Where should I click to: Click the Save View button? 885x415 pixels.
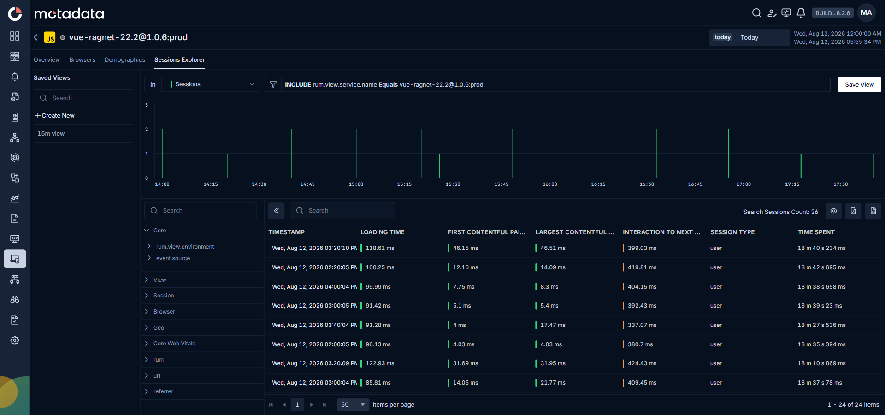[x=859, y=84]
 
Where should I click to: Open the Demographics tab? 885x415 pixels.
[x=125, y=60]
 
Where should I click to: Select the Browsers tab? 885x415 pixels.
[x=82, y=60]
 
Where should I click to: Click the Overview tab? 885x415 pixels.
[x=47, y=60]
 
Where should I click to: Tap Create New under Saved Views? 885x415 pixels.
[x=55, y=116]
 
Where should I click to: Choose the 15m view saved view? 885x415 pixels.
[x=51, y=134]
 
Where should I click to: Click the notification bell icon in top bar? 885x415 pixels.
[x=801, y=13]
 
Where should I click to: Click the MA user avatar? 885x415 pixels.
[x=866, y=13]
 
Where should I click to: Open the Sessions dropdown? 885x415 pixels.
[x=212, y=84]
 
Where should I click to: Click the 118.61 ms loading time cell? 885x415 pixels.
[x=380, y=248]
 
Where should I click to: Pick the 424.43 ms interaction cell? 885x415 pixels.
[x=642, y=363]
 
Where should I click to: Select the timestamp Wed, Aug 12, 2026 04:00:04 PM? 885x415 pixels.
[x=314, y=287]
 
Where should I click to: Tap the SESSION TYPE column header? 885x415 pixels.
[x=732, y=232]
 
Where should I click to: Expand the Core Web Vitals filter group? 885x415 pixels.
[x=174, y=344]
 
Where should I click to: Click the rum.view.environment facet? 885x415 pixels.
[x=185, y=247]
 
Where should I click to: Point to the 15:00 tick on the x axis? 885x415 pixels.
[x=356, y=184]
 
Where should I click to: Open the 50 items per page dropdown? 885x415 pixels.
[x=353, y=405]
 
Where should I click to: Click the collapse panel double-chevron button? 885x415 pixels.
[x=276, y=211]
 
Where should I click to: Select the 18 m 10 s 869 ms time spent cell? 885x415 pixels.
[x=821, y=363]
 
